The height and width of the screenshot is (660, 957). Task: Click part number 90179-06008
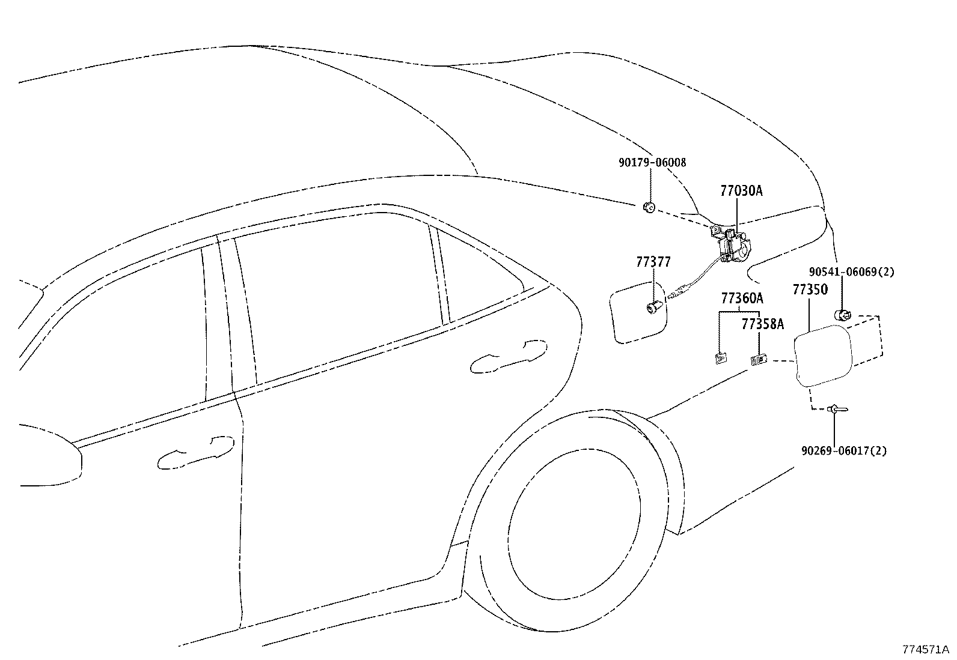[x=652, y=162]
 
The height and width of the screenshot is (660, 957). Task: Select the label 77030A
[x=741, y=191]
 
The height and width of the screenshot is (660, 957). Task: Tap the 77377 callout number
[x=653, y=262]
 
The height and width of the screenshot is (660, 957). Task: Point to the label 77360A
[x=742, y=298]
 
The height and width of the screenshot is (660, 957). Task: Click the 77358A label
[x=762, y=324]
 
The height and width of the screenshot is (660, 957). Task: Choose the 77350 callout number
[x=810, y=289]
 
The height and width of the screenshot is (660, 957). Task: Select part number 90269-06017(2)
[x=843, y=450]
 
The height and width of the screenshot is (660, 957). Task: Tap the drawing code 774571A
[x=925, y=649]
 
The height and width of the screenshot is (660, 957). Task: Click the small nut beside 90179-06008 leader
[x=648, y=208]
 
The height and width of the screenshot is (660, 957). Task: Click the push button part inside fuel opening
[x=653, y=308]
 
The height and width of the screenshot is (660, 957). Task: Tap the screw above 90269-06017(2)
[x=836, y=410]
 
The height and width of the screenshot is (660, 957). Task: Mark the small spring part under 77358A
[x=759, y=360]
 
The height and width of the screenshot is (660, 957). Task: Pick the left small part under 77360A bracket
[x=720, y=359]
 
